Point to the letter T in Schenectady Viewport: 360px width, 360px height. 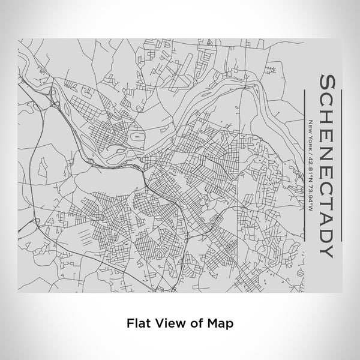pos(328,197)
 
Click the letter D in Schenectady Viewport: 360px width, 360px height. pos(328,230)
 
